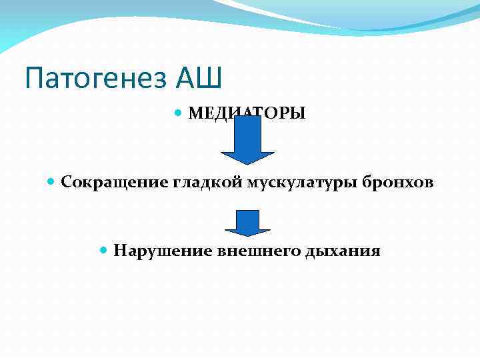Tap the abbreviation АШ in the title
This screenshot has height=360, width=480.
(199, 79)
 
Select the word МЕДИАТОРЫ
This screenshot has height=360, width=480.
(247, 113)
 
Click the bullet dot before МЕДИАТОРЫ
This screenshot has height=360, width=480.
(177, 113)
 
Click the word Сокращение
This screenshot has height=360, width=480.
(116, 182)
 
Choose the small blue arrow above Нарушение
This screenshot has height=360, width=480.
(247, 223)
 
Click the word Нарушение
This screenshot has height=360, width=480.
(163, 251)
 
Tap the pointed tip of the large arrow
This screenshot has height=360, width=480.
(247, 163)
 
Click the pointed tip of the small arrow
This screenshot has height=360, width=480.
(247, 235)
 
